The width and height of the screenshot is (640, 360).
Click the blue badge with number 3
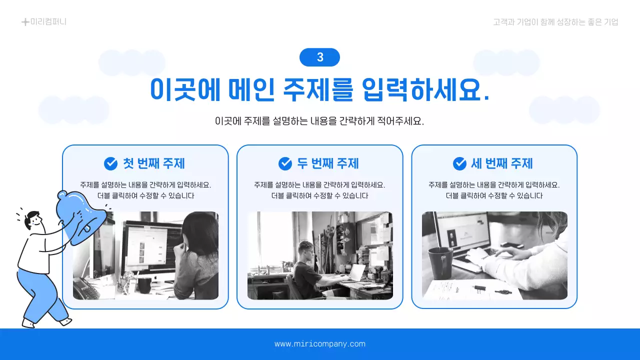(x=319, y=57)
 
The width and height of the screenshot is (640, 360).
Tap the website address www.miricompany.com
(x=320, y=344)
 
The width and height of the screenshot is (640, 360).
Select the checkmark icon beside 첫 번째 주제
(x=110, y=163)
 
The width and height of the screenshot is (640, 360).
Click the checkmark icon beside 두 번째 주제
(x=285, y=163)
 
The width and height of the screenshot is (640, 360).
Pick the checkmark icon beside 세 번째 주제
(x=459, y=163)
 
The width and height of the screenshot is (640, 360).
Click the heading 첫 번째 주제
(x=154, y=163)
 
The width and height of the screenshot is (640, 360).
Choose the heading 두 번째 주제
(x=328, y=163)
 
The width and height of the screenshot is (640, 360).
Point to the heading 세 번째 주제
(x=502, y=163)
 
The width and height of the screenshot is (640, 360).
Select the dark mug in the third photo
(x=440, y=262)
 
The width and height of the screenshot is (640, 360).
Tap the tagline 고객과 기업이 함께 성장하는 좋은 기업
(x=555, y=22)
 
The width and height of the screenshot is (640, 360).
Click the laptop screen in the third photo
(x=462, y=235)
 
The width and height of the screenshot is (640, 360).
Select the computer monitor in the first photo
(x=150, y=247)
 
